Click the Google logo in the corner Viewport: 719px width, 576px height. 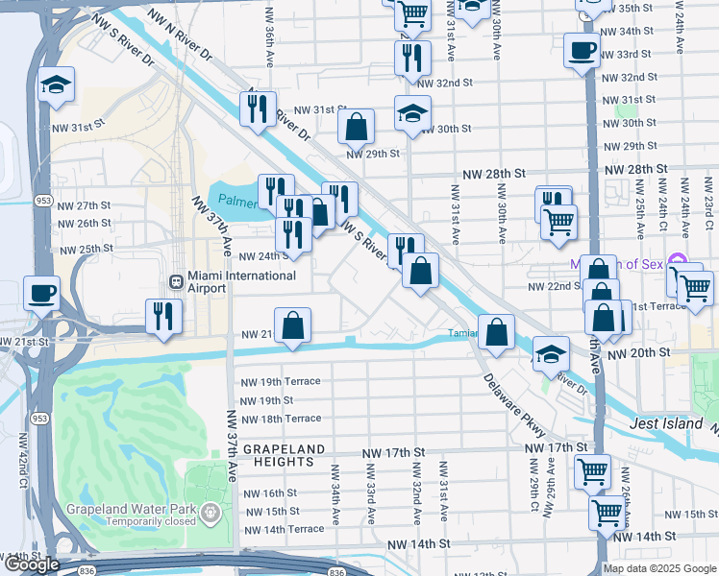click(32, 565)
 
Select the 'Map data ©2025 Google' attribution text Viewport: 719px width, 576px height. click(659, 568)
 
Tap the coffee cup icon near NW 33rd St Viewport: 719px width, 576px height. click(581, 50)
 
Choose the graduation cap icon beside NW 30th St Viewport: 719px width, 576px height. click(411, 114)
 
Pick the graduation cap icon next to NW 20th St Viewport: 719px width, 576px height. click(552, 354)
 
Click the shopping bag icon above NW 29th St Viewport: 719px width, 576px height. click(356, 126)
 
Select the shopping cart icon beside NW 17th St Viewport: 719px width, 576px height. click(591, 471)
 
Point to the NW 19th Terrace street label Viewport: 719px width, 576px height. click(281, 381)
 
